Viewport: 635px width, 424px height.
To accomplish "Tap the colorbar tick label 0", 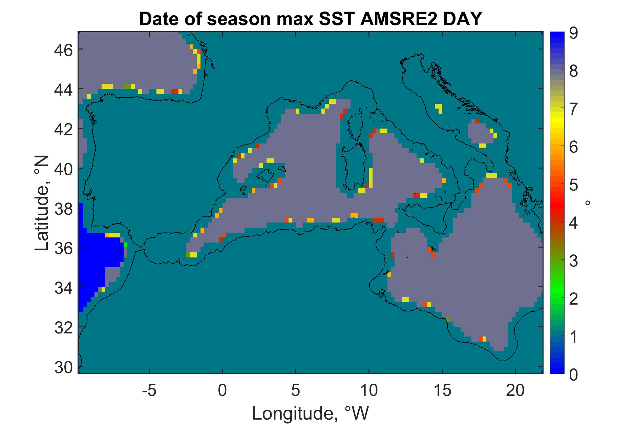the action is click(x=573, y=374).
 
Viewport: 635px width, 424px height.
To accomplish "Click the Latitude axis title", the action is click(x=42, y=203).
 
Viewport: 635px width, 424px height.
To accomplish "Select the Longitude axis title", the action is click(x=310, y=413).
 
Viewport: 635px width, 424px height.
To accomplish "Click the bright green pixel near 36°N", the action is click(x=125, y=245).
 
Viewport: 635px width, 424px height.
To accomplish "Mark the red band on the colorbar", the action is click(x=557, y=205).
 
